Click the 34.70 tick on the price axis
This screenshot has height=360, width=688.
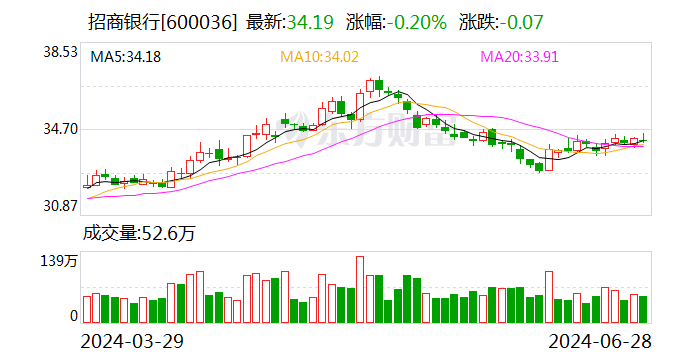(59, 129)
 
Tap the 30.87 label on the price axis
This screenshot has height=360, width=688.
(59, 206)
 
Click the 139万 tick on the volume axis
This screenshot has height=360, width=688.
(59, 262)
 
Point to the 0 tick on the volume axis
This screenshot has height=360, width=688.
(73, 316)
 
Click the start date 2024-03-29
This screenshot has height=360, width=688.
(134, 341)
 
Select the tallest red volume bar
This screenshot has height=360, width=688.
(360, 290)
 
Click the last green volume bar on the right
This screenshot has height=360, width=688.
(643, 309)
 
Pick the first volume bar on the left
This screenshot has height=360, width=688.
(86, 310)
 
